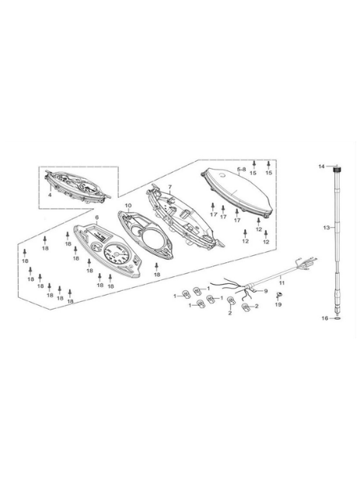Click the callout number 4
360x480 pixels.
click(50, 194)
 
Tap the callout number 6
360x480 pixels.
click(97, 218)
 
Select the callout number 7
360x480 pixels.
click(170, 187)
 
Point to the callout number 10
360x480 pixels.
click(128, 205)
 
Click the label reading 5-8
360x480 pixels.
click(242, 169)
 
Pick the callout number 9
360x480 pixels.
click(266, 291)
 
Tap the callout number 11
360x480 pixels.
click(281, 283)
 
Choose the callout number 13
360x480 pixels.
click(327, 228)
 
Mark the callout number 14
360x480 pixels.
click(321, 166)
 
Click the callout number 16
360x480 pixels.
click(325, 318)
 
